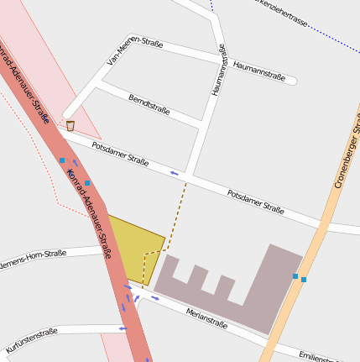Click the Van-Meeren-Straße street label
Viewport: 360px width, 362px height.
[x=135, y=51]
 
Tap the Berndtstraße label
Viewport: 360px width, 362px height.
[x=149, y=104]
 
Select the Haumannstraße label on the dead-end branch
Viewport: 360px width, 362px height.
[x=259, y=71]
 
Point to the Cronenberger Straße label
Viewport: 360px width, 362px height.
[x=347, y=151]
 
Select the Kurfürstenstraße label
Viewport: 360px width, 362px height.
[x=32, y=339]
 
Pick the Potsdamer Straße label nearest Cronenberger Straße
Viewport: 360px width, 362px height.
[x=256, y=201]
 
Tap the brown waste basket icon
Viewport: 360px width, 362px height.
[x=70, y=126]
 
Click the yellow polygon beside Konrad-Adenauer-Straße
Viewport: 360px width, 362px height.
[x=135, y=248]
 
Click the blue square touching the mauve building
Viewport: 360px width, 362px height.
[x=295, y=275]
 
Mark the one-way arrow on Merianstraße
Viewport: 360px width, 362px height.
[x=155, y=299]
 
